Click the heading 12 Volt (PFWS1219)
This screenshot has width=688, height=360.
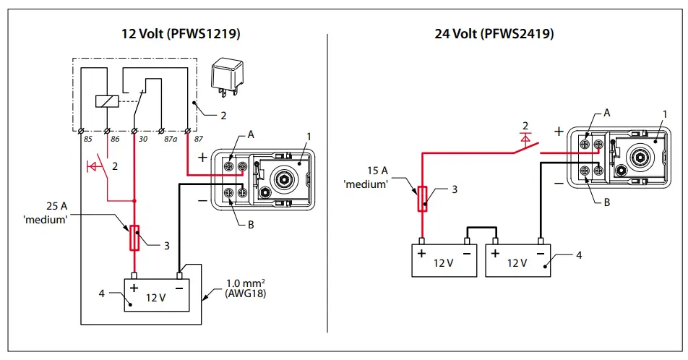181,34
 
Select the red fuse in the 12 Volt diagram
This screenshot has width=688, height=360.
134,238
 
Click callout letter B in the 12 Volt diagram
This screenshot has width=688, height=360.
251,225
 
